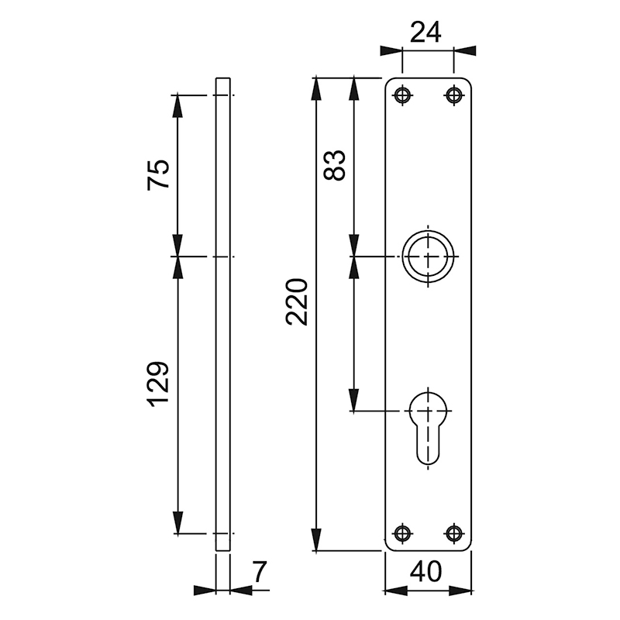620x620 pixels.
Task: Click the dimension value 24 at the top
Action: pyautogui.click(x=425, y=32)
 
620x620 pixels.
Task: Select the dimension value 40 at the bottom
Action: pyautogui.click(x=425, y=572)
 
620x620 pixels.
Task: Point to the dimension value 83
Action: pyautogui.click(x=335, y=164)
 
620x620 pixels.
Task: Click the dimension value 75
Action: pyautogui.click(x=159, y=174)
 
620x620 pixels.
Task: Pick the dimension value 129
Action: pyautogui.click(x=158, y=384)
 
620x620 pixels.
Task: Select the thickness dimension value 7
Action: pyautogui.click(x=259, y=572)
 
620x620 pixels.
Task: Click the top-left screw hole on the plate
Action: pyautogui.click(x=401, y=95)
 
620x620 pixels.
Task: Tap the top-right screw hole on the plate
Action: pyautogui.click(x=453, y=95)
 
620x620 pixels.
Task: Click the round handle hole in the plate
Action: pyautogui.click(x=427, y=257)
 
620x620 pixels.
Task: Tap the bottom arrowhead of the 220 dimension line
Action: pyautogui.click(x=316, y=539)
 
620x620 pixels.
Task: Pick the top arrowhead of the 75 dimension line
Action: pyautogui.click(x=178, y=105)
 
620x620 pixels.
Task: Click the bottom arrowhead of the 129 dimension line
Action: pyautogui.click(x=178, y=524)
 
